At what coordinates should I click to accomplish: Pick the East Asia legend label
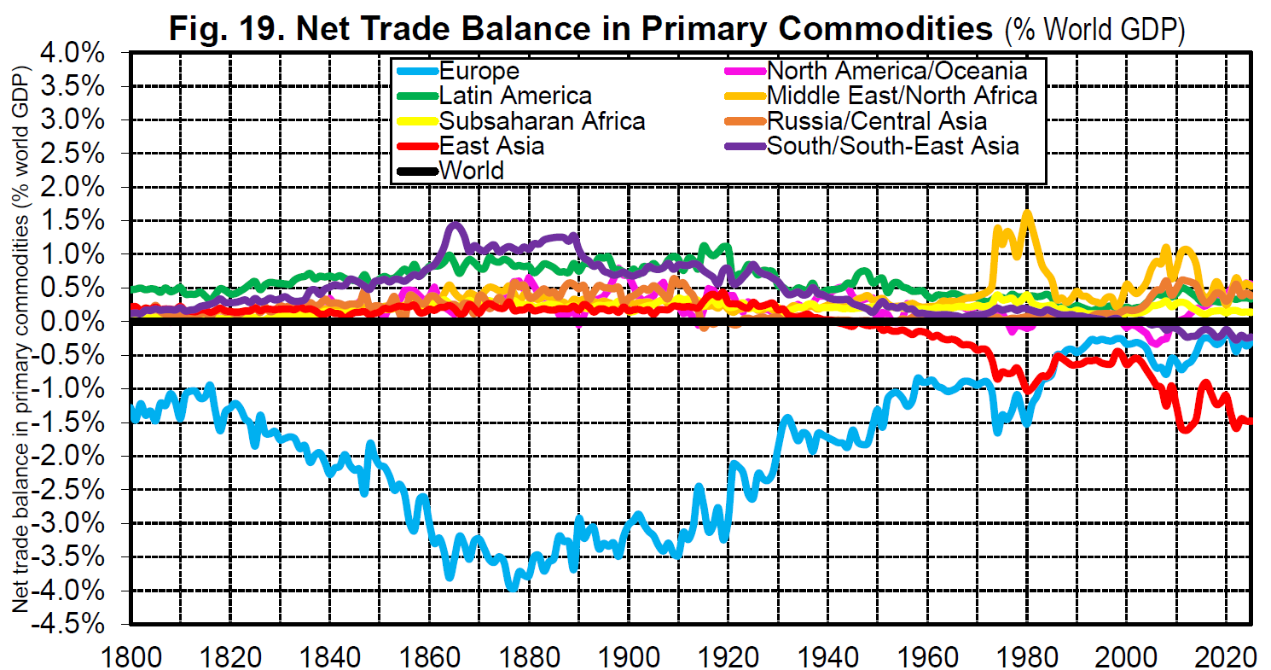pos(490,145)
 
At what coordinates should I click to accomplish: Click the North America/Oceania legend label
pos(897,71)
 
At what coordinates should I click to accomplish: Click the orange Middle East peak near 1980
pos(1027,213)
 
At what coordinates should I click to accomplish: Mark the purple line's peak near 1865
pos(456,225)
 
